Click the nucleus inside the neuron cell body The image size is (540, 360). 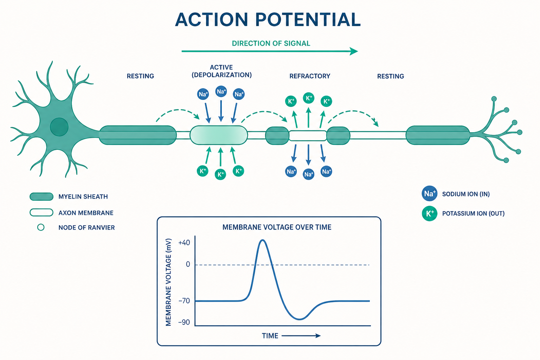[x=59, y=127]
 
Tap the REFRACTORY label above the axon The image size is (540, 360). [x=310, y=76]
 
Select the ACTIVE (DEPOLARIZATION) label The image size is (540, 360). [x=221, y=71]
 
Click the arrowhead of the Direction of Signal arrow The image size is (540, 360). [x=354, y=51]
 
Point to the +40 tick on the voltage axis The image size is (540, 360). [x=184, y=243]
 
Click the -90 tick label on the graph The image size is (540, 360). [x=184, y=322]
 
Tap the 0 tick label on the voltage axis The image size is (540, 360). [x=188, y=264]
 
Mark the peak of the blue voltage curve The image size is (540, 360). [x=263, y=240]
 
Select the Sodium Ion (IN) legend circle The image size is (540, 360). [x=430, y=194]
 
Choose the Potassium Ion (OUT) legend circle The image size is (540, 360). [x=430, y=213]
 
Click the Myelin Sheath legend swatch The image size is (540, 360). [x=41, y=197]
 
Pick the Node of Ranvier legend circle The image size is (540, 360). [x=41, y=227]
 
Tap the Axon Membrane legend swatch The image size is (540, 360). [x=41, y=212]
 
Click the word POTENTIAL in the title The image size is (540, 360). [x=308, y=20]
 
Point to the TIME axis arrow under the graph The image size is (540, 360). [x=301, y=336]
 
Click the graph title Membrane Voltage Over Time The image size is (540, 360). [x=277, y=227]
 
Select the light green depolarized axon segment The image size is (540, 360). [x=219, y=135]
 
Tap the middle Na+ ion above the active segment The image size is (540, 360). [x=221, y=91]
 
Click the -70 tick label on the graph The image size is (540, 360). [x=184, y=301]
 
